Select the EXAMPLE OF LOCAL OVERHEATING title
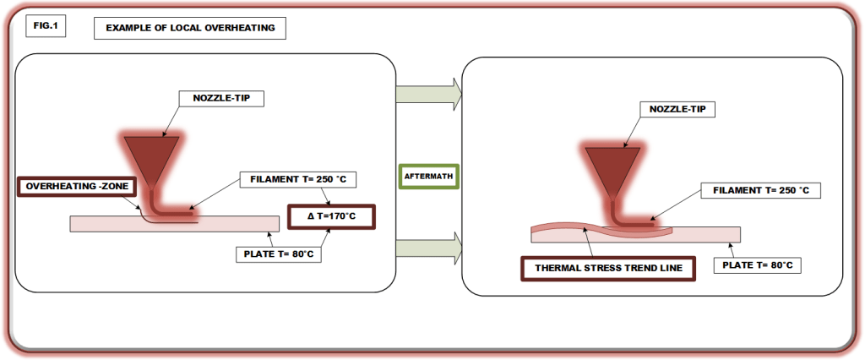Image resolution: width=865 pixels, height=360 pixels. (x=189, y=28)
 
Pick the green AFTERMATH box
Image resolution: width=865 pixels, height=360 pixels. (x=427, y=176)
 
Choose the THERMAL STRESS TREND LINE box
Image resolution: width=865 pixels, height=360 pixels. (x=609, y=269)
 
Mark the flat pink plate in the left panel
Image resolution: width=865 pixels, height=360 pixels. (x=237, y=223)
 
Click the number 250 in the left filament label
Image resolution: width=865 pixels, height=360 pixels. (x=306, y=179)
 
